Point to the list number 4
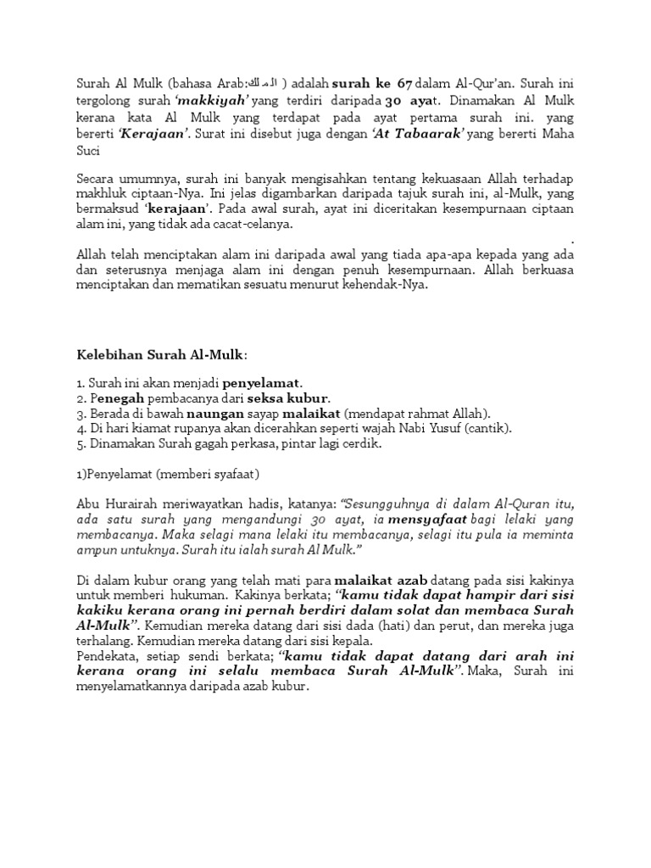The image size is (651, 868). [80, 428]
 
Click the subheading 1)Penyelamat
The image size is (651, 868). [119, 473]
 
